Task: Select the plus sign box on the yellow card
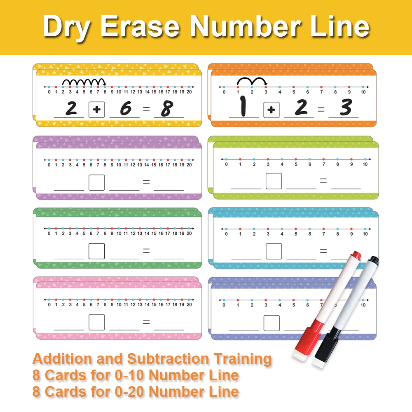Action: [x=97, y=110]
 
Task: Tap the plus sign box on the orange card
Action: [x=271, y=110]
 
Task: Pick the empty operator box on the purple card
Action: [x=97, y=183]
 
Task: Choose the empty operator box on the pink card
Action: [x=97, y=322]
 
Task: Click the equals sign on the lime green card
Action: [x=323, y=180]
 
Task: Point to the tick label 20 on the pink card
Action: [x=189, y=304]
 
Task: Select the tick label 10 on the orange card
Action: [x=363, y=92]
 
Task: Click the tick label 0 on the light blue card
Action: [x=226, y=234]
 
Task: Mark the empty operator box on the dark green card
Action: [x=97, y=251]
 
